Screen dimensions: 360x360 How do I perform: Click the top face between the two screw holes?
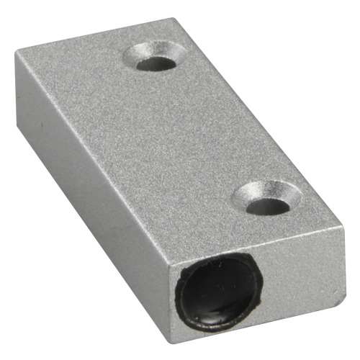click(x=209, y=130)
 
